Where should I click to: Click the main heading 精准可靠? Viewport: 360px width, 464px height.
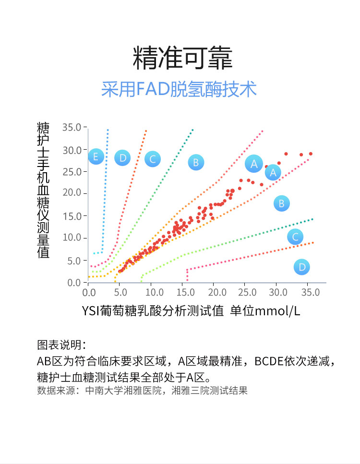(x=182, y=58)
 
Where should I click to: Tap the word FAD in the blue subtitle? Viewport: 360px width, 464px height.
(x=151, y=90)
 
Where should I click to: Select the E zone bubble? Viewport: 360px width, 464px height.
(x=96, y=156)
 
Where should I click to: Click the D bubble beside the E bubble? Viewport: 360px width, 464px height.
(x=122, y=157)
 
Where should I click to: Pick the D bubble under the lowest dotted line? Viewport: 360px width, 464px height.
(x=301, y=267)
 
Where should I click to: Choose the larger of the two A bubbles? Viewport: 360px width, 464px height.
(x=254, y=163)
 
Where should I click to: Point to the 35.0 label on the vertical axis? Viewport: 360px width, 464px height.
(x=72, y=127)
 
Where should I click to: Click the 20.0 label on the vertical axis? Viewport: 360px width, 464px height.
(x=72, y=193)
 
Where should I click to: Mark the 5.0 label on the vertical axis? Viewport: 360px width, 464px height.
(x=74, y=261)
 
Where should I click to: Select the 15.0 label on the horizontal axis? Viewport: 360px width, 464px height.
(x=182, y=292)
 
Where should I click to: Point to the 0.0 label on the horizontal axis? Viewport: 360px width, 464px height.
(x=88, y=292)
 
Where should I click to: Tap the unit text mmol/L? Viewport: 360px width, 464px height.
(x=278, y=311)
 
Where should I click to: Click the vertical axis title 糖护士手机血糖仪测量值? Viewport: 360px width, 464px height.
(x=44, y=190)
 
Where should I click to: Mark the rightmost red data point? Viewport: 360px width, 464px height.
(x=311, y=154)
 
